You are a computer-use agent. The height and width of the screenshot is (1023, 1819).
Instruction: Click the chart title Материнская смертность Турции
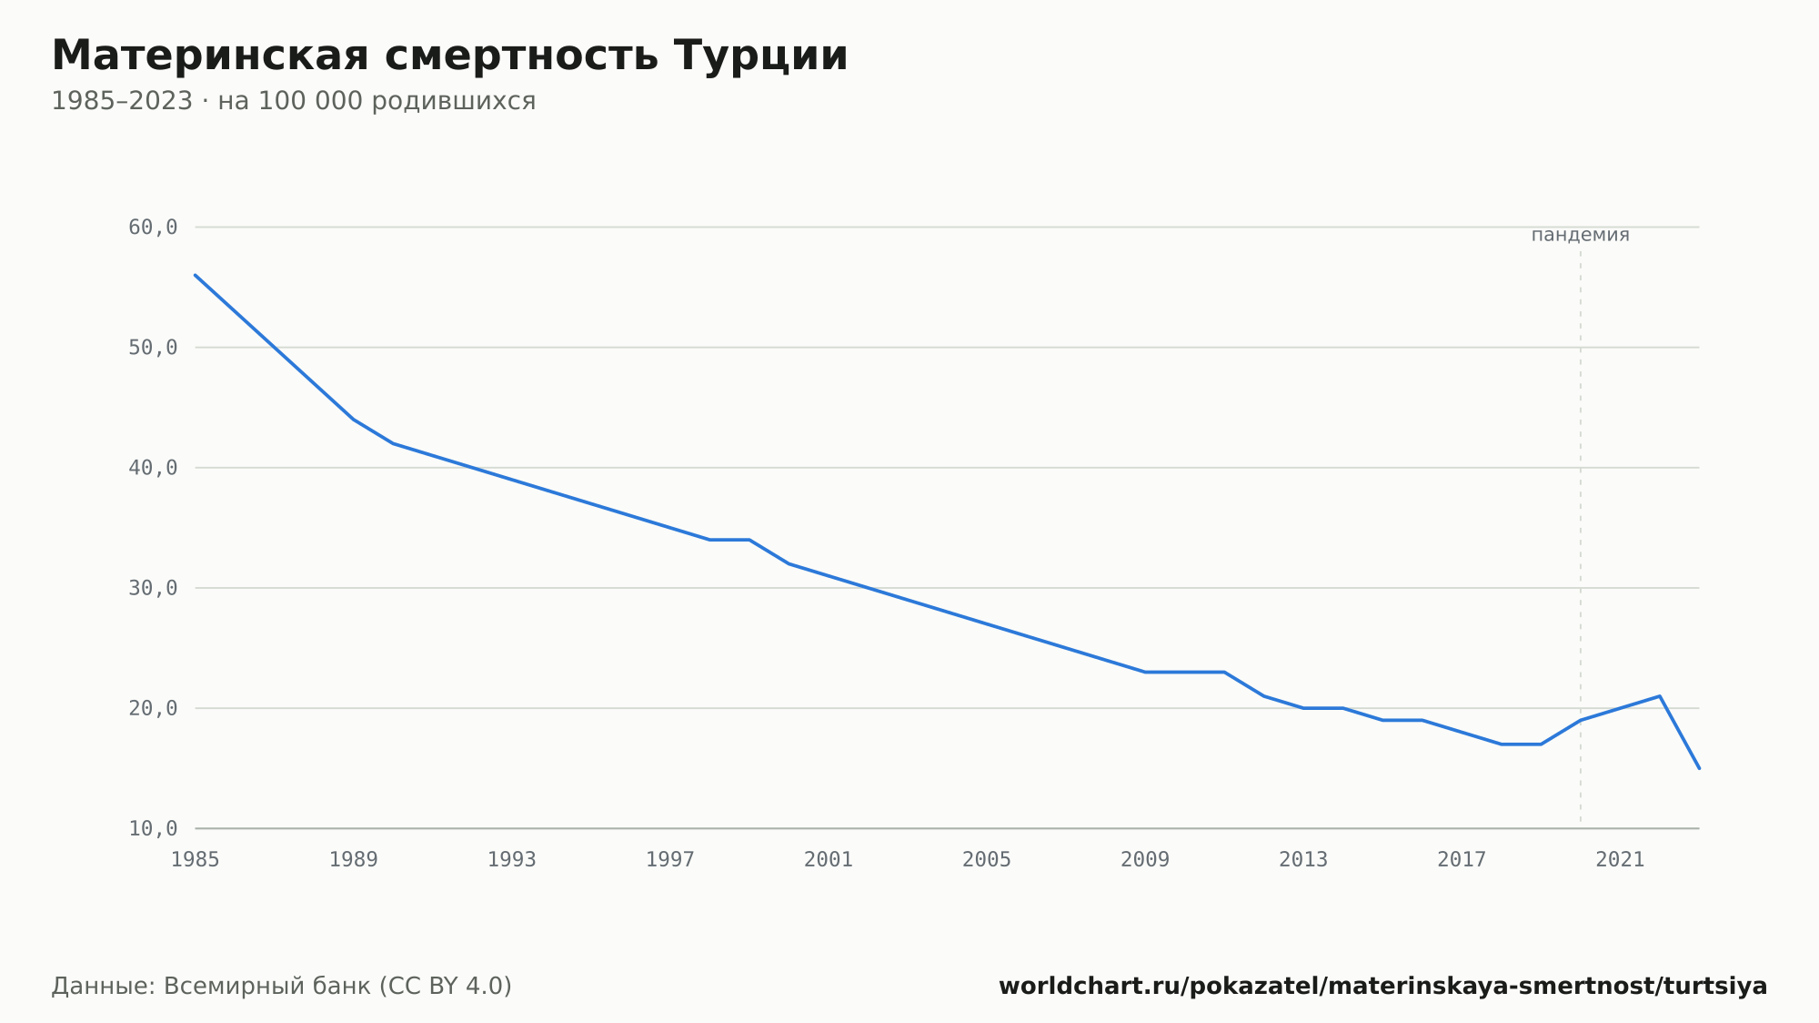pos(449,56)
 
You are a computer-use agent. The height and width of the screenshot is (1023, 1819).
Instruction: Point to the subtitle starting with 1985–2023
pos(293,101)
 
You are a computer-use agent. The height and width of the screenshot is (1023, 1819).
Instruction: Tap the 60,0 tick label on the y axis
pos(153,228)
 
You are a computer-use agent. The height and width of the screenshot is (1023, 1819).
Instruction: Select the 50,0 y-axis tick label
pos(153,348)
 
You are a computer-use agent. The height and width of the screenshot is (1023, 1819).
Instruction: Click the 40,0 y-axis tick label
pos(153,468)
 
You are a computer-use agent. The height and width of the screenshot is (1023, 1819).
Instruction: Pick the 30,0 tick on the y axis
pos(153,588)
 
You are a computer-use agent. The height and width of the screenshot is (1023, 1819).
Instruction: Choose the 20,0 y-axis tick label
pos(153,708)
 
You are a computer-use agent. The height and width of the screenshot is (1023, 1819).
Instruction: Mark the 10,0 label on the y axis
pos(153,828)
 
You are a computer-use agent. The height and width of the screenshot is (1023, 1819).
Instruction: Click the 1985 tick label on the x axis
pos(196,860)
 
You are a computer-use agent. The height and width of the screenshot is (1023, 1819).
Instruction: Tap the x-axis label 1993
pos(512,860)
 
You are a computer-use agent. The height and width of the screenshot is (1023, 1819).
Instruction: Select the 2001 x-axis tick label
pos(829,860)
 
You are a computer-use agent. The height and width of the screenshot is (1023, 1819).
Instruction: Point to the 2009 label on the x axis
pos(1145,860)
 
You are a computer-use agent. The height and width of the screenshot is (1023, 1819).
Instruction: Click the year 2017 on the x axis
pos(1462,860)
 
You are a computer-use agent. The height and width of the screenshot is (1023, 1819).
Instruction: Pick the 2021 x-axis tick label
pos(1620,860)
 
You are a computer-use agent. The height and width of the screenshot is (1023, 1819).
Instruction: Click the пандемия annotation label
pos(1581,236)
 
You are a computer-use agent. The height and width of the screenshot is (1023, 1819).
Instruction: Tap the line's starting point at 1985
pos(196,275)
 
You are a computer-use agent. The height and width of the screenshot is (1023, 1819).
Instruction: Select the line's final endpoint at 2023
pos(1699,768)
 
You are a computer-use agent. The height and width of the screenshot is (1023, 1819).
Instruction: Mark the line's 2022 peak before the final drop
pos(1660,696)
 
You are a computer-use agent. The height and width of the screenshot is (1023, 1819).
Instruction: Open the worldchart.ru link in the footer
pos(1383,987)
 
